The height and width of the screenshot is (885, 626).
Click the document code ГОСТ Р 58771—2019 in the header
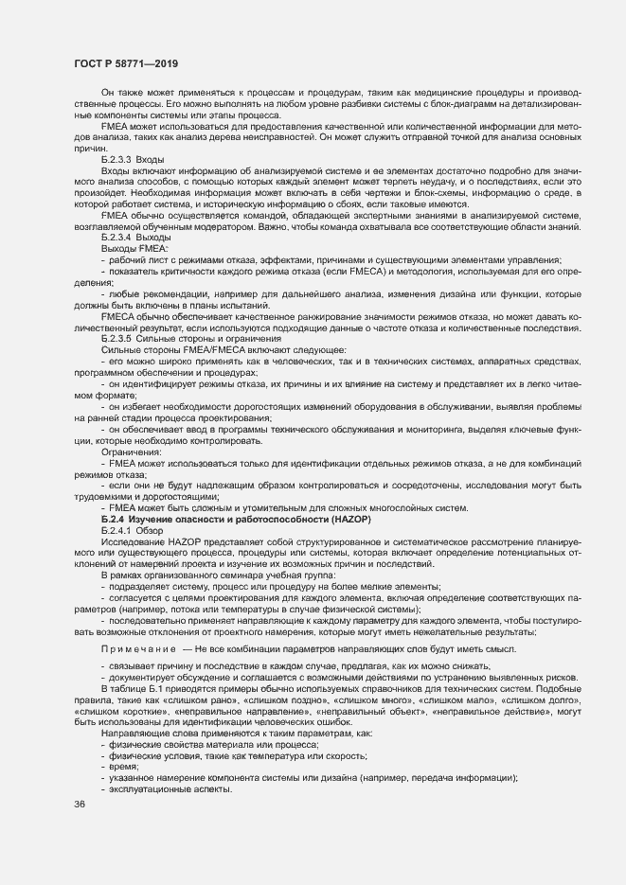pos(125,62)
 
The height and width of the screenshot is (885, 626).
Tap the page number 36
pos(79,805)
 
